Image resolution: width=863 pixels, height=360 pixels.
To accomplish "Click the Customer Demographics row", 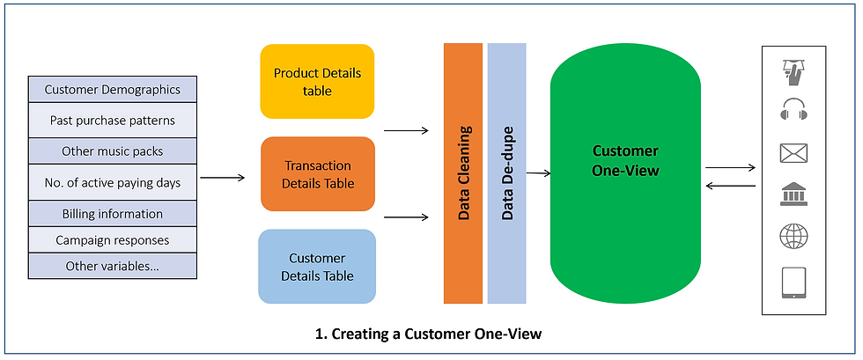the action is pos(113,89).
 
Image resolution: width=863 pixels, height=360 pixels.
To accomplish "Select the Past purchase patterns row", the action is pos(113,120).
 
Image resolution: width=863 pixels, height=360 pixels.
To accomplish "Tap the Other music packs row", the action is pos(113,151).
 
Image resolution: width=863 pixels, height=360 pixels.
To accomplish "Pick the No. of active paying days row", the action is pos(113,182).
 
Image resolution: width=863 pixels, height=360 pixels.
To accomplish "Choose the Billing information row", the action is pos(113,214).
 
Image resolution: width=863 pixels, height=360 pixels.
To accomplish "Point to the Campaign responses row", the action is pos(113,240).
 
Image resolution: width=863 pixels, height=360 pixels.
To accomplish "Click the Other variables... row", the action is pos(113,266).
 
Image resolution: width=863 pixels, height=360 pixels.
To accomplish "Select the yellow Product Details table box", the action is pos(317,82).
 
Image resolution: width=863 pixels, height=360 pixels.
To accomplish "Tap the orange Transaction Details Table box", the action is pos(318,174).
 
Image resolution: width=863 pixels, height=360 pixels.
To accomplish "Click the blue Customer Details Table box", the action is pos(317,267).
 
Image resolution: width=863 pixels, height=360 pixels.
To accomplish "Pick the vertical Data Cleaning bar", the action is pos(463,173).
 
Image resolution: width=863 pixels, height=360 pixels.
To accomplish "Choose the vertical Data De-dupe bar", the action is pos(507,173).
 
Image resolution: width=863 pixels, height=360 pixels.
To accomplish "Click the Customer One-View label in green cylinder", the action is pos(625,161).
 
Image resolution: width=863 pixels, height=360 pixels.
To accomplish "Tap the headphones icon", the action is pos(793,109).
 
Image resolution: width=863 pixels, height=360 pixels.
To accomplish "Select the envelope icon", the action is pos(793,153).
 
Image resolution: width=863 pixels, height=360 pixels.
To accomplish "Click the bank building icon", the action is pos(793,195).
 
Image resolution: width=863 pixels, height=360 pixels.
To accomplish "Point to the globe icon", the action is pos(793,237).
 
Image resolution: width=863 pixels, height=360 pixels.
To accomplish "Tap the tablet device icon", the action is pos(793,283).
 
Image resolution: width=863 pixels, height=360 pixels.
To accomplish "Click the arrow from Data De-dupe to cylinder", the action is pos(538,174).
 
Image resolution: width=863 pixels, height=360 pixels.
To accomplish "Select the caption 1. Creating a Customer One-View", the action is pos(429,334).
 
